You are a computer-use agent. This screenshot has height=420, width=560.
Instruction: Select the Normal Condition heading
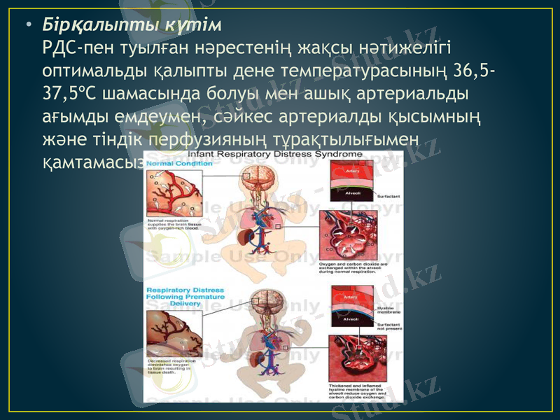pos(171,163)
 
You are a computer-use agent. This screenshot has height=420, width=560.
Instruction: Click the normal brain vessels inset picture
pos(170,195)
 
